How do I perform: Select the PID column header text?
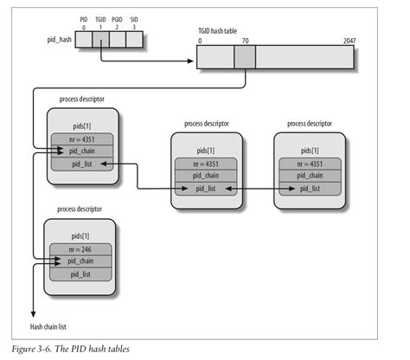(82, 19)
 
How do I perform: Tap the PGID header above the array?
(116, 19)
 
